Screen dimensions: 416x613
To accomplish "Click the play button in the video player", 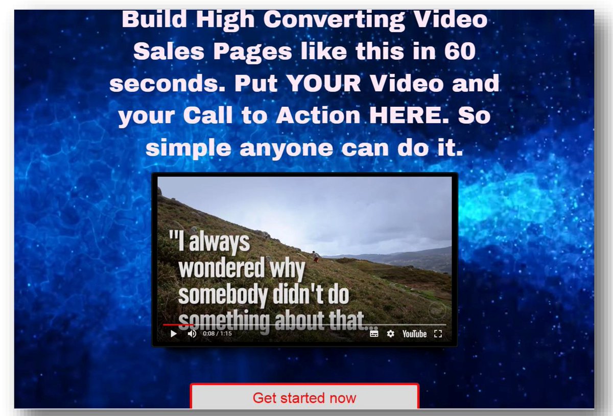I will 173,334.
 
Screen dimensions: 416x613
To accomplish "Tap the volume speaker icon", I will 192,334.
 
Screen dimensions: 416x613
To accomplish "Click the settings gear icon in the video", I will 390,334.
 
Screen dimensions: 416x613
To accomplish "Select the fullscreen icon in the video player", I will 437,334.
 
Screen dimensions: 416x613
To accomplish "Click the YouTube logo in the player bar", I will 414,334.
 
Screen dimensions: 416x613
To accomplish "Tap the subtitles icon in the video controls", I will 374,334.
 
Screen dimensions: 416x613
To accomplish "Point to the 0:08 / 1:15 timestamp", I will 217,334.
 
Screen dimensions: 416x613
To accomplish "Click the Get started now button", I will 304,398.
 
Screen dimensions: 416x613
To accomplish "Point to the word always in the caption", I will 219,242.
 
